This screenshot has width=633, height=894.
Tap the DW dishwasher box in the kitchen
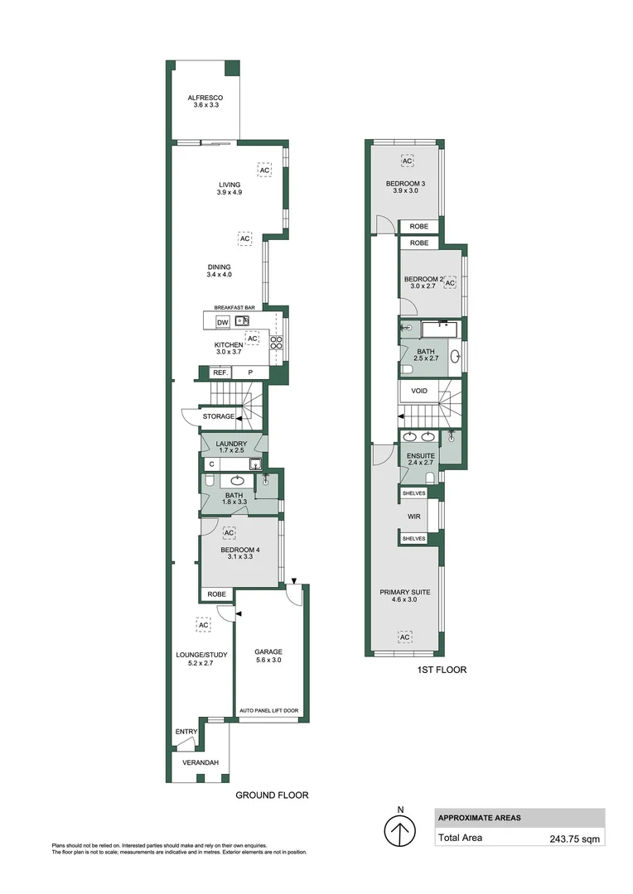point(222,322)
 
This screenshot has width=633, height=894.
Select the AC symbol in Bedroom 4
point(229,532)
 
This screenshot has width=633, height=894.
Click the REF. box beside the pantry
point(220,372)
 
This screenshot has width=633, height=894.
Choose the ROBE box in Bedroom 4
point(217,594)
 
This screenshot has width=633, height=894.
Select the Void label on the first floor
point(419,390)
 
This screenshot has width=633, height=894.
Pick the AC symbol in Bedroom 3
point(407,160)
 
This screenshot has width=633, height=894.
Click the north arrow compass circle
point(400,831)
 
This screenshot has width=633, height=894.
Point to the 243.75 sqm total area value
point(574,838)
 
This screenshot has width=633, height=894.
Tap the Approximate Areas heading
point(479,818)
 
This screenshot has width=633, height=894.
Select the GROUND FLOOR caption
point(272,795)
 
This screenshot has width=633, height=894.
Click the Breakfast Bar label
point(234,307)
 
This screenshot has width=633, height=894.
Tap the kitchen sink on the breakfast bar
point(242,320)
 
